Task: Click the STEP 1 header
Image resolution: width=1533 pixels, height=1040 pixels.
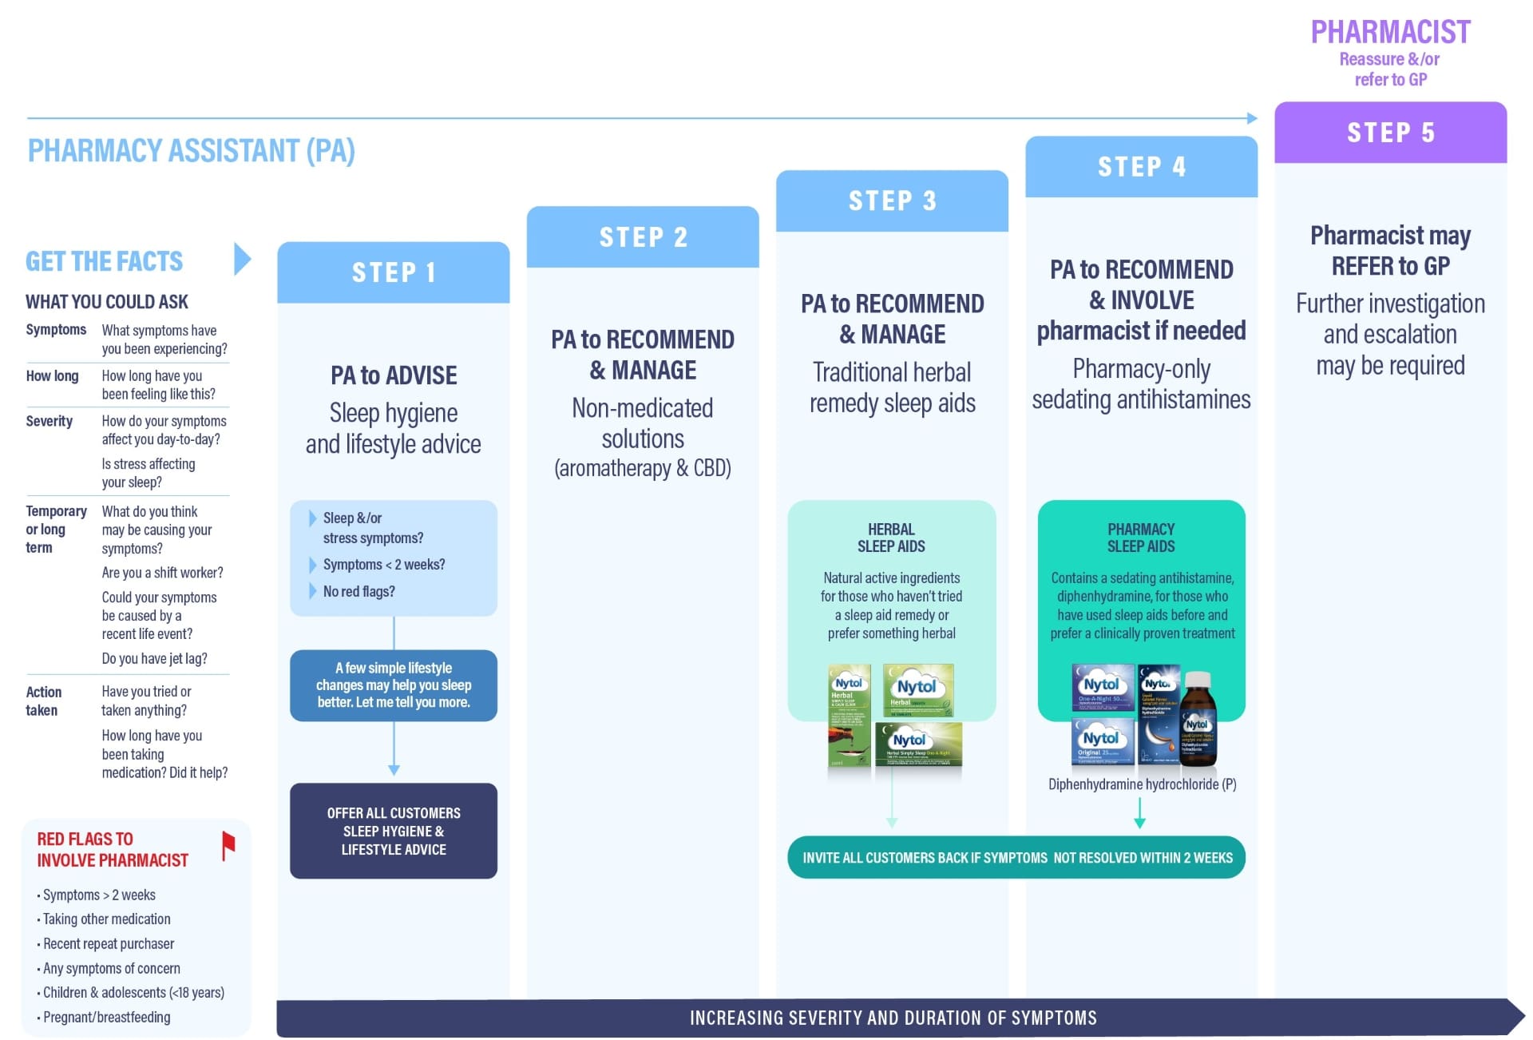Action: coord(393,272)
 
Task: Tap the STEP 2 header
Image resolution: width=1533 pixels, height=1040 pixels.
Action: coord(643,237)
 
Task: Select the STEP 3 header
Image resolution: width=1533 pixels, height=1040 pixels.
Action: coord(892,200)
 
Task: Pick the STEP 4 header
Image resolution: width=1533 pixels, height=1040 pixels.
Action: coord(1141,166)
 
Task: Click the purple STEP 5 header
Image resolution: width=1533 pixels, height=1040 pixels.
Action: coord(1390,132)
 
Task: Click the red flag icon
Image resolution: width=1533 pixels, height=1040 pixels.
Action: coord(228,845)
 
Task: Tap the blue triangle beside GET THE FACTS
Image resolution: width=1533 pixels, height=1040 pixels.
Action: coord(242,259)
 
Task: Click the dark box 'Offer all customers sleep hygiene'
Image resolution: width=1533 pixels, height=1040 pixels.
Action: coord(393,831)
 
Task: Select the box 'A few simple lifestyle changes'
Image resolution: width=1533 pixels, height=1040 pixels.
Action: coord(393,685)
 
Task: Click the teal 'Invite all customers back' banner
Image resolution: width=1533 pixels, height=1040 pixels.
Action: coord(1016,857)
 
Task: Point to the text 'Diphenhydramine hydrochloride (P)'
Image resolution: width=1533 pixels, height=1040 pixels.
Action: coord(1142,784)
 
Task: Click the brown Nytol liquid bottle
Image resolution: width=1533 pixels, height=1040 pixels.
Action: coord(1198,719)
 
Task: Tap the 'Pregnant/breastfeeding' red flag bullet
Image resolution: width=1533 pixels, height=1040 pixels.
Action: coord(106,1017)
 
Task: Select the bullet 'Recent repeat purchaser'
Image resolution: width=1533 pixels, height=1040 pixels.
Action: coord(108,943)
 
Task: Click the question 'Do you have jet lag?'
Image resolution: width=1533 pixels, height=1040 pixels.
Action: coord(154,658)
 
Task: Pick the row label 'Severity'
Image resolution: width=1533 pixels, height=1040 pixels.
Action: coord(49,421)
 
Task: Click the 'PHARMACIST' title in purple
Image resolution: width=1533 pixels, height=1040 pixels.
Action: coord(1390,32)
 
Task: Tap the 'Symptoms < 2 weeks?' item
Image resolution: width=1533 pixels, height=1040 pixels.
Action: coord(383,565)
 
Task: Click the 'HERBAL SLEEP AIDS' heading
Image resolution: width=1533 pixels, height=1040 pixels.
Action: coord(891,538)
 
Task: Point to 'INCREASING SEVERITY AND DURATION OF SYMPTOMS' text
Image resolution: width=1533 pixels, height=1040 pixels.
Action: coord(893,1018)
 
